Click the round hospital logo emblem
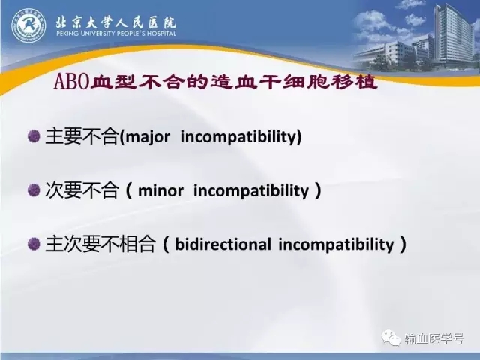click(x=28, y=25)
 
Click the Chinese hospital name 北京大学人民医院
click(x=116, y=22)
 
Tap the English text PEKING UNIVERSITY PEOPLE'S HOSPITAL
click(x=116, y=33)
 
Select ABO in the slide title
click(x=72, y=82)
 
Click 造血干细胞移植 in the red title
click(x=293, y=82)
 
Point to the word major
click(x=147, y=137)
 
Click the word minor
click(x=160, y=191)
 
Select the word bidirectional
click(x=223, y=244)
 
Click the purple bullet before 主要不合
click(x=34, y=136)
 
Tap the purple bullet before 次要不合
click(x=34, y=190)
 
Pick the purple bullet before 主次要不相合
click(x=34, y=244)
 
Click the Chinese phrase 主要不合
click(x=82, y=136)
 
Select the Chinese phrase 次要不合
click(x=82, y=190)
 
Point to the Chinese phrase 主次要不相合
click(x=100, y=244)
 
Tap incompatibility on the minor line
click(x=251, y=191)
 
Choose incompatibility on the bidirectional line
click(x=336, y=244)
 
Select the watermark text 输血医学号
click(x=433, y=338)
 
